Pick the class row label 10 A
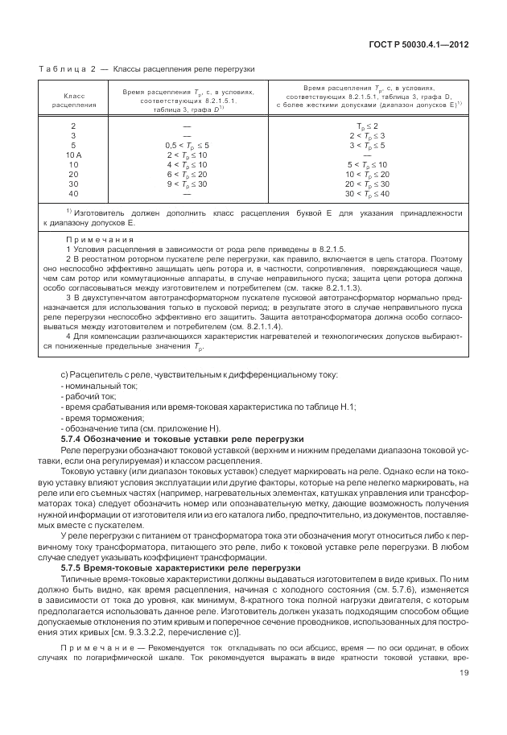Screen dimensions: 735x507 [74, 154]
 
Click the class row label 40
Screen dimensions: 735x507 [74, 193]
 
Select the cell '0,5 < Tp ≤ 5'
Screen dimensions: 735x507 [187, 144]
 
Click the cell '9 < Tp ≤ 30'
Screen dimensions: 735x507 [187, 184]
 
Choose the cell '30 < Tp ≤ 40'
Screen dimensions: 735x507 [367, 193]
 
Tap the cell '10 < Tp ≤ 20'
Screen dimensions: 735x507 [367, 174]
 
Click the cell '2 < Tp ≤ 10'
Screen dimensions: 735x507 [187, 154]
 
